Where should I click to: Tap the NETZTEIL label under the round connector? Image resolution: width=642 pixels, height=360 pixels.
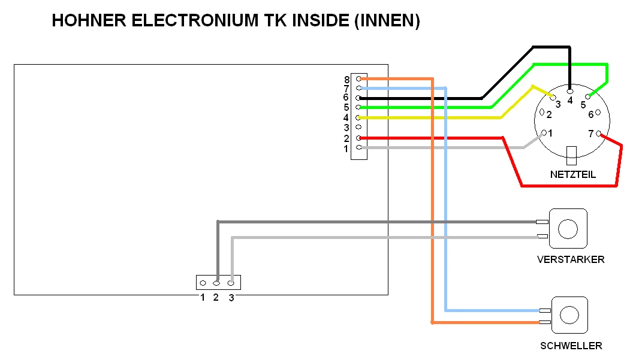tap(572, 175)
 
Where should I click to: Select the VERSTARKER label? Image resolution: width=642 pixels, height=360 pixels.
tap(571, 259)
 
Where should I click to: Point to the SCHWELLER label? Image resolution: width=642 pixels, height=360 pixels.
tap(571, 346)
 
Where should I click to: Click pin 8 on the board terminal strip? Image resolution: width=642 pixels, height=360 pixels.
tap(358, 78)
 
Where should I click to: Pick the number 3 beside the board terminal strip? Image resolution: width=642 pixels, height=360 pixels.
tap(346, 128)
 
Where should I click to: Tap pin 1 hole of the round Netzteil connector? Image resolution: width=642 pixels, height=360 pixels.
tap(544, 132)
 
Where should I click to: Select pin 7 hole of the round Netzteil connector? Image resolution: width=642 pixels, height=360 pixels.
tap(598, 133)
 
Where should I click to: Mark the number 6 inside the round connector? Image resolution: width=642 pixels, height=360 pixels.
tap(590, 114)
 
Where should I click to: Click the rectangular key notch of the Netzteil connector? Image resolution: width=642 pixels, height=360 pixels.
tap(572, 155)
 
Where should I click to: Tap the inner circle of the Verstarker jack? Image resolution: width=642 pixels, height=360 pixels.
tap(567, 228)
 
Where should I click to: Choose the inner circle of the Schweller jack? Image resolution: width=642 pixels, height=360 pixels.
tap(569, 315)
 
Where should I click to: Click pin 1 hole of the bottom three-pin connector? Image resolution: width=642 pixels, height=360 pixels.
tap(203, 283)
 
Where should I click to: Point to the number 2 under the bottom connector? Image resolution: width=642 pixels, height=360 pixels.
tap(216, 297)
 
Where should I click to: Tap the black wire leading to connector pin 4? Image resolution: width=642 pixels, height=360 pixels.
tap(420, 98)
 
